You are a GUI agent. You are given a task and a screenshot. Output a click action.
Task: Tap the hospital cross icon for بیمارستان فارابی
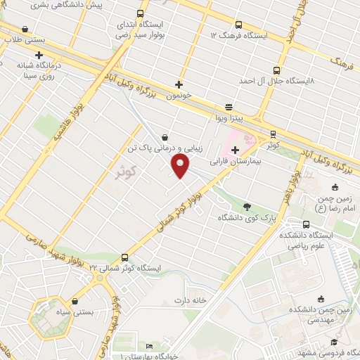click(x=235, y=150)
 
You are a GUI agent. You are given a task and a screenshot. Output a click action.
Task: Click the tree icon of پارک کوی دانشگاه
click(x=247, y=206)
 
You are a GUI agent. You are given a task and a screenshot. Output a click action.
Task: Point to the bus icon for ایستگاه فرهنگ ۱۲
click(x=238, y=23)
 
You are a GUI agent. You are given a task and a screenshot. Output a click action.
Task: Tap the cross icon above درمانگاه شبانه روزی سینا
click(x=39, y=54)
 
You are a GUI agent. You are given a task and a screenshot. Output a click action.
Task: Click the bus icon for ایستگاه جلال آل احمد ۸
click(x=274, y=70)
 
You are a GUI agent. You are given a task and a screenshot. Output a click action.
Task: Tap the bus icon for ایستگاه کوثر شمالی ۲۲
click(x=125, y=257)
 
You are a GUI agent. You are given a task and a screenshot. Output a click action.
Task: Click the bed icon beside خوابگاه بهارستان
click(x=148, y=347)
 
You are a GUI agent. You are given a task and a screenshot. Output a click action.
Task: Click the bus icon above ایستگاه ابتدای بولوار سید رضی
click(x=141, y=14)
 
